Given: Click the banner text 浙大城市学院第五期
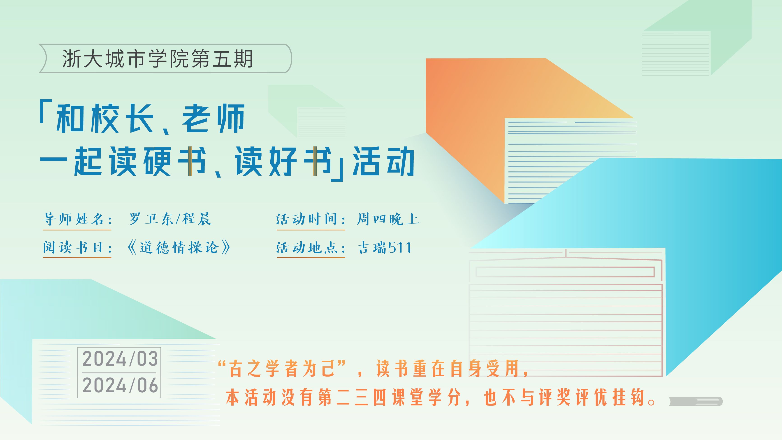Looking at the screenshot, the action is pos(157,59).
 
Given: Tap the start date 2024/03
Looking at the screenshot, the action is pos(120,359).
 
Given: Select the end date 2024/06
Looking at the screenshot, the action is pos(120,385).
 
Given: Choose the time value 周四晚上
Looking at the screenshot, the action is pos(388,219).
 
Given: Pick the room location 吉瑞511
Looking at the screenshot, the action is pos(384,247).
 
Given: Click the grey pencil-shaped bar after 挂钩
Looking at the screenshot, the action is pos(696,401).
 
